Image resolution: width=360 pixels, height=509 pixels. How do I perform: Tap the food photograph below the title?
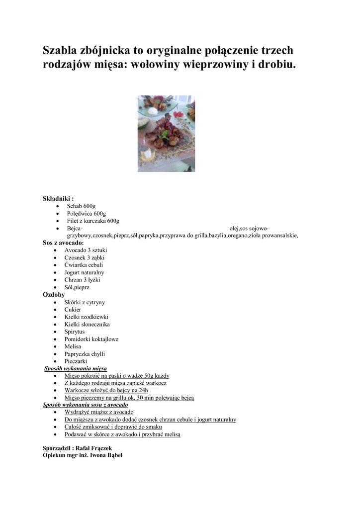coord(166,134)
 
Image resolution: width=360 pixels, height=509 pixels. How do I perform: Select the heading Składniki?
coord(58,198)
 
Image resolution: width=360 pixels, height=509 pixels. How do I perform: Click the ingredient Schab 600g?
coord(82,206)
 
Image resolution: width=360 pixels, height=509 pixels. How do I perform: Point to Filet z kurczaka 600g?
coord(93,221)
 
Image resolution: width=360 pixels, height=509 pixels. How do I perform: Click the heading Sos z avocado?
coord(63,243)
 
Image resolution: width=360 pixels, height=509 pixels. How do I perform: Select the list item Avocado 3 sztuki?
coord(86,250)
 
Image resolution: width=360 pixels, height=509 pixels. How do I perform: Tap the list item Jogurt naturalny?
coord(84,272)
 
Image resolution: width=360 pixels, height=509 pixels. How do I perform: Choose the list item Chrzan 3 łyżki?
coord(82,280)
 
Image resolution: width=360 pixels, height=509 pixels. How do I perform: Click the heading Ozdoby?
coord(54,295)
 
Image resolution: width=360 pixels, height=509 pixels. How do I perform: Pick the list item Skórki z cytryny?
coord(85,302)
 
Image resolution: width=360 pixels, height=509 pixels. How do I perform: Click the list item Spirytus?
coord(75,332)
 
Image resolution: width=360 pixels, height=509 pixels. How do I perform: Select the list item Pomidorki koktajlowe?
coord(91,339)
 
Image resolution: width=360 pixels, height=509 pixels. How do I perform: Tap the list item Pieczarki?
coord(76,361)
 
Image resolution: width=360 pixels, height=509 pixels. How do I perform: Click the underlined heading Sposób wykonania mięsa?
coord(76,368)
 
